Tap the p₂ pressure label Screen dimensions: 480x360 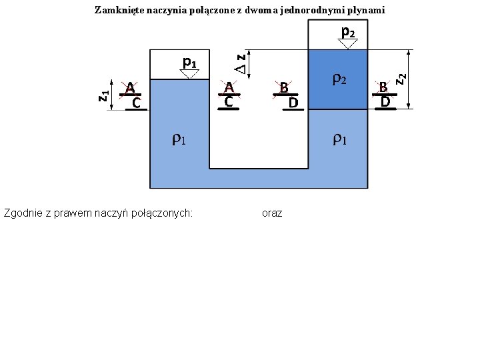pos(347,31)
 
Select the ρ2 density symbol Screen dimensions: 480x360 pos(339,79)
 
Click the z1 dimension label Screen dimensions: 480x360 pos(103,95)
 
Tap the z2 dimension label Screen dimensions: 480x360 pos(401,78)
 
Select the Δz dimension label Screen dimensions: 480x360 pos(243,63)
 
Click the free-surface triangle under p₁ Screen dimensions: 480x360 pos(189,74)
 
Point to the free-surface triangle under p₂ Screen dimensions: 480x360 pos(347,43)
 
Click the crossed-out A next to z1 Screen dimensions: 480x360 pos(131,88)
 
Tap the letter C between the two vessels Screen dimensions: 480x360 pos(228,103)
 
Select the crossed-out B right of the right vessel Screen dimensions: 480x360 pos(383,87)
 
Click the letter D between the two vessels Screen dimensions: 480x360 pos(293,103)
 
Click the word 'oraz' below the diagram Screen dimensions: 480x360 pos(272,213)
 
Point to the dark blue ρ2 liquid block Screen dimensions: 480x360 pos(339,93)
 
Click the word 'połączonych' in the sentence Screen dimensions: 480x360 pos(165,213)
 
